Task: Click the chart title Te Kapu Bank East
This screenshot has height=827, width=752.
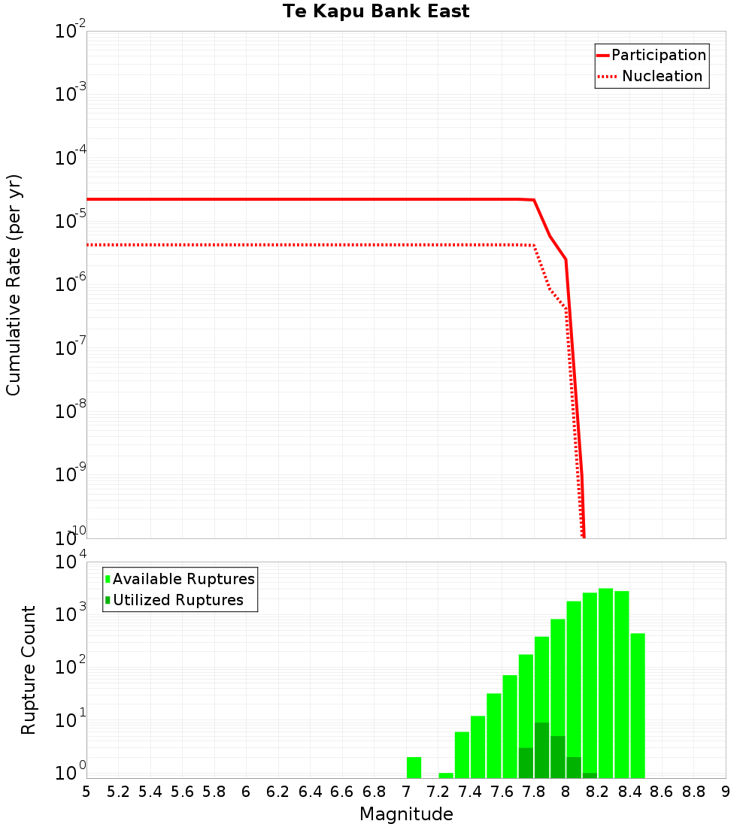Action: [376, 12]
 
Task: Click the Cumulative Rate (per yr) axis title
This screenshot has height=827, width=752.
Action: [14, 284]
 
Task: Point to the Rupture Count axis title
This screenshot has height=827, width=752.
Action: [29, 670]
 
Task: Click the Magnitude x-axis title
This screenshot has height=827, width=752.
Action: [406, 814]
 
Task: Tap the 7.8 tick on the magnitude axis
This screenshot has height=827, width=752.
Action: [533, 792]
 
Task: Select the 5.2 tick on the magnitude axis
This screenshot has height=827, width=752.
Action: [118, 792]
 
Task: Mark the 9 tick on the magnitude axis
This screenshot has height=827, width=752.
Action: [725, 792]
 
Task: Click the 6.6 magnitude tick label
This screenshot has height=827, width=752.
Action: [342, 792]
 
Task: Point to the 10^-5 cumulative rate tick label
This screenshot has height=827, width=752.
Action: [71, 221]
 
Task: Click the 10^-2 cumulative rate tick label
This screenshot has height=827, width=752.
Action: [71, 32]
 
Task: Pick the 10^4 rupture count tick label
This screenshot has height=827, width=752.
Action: [71, 562]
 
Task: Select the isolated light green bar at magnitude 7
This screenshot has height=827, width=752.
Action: [414, 768]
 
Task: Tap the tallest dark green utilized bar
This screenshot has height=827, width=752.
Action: [541, 750]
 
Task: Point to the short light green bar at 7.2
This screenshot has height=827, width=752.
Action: [446, 775]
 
